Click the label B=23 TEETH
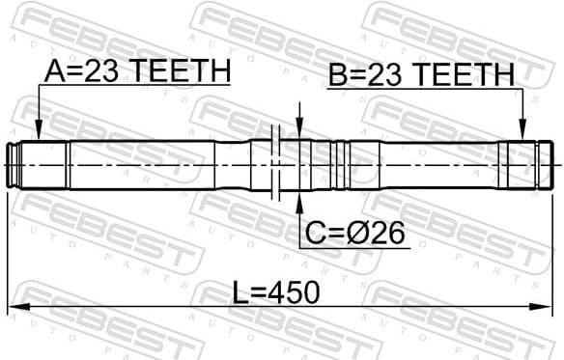click(x=421, y=75)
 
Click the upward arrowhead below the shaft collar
click(x=298, y=201)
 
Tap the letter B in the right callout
click(x=338, y=75)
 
